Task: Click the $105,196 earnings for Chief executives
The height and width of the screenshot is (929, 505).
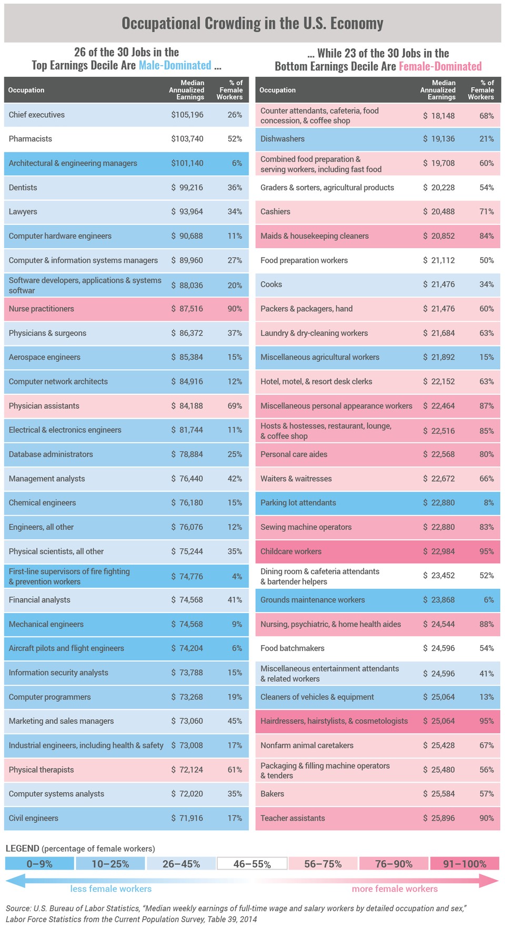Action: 187,115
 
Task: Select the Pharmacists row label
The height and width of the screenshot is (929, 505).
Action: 31,139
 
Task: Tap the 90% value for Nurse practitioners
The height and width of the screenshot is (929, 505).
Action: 235,309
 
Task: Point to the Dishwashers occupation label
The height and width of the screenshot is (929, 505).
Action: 282,139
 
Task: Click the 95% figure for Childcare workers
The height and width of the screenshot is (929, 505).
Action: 486,552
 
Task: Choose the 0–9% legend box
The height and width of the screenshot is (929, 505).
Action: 39,864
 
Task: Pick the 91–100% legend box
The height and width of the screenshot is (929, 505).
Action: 464,864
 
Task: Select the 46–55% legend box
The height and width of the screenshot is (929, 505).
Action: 252,864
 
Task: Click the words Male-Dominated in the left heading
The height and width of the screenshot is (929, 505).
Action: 175,65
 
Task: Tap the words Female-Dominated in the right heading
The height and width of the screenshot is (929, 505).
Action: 440,66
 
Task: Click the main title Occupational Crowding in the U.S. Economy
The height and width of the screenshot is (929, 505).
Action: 252,23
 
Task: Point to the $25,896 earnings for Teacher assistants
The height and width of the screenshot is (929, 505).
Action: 439,818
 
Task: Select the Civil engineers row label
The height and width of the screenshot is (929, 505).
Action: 34,818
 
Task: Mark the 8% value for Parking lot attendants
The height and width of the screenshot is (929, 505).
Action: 489,503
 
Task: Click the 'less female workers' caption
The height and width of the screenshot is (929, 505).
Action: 111,889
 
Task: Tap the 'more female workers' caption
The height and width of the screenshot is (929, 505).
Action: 395,889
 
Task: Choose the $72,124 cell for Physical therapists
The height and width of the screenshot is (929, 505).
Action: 187,770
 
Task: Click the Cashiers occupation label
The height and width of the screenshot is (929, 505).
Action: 275,211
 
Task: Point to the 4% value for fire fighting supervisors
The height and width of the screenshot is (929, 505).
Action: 237,576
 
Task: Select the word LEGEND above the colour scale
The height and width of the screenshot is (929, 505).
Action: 23,848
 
